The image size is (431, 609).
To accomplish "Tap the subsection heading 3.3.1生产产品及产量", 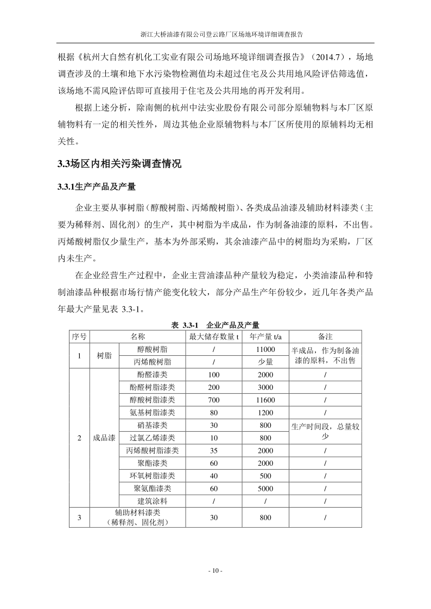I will pyautogui.click(x=96, y=187).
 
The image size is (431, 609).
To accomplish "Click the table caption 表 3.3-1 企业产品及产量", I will pyautogui.click(x=215, y=325).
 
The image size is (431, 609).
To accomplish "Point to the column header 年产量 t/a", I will pyautogui.click(x=265, y=336).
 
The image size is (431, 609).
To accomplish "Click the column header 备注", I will pyautogui.click(x=325, y=336).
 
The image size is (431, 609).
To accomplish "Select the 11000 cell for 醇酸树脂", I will pyautogui.click(x=265, y=349).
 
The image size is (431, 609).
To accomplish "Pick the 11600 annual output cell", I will pyautogui.click(x=265, y=400).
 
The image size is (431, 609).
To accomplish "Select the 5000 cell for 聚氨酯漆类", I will pyautogui.click(x=265, y=488).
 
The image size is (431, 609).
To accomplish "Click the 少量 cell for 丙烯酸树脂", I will pyautogui.click(x=265, y=362).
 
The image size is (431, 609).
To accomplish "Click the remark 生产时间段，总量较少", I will pyautogui.click(x=325, y=431).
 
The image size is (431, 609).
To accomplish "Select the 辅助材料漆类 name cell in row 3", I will pyautogui.click(x=137, y=517).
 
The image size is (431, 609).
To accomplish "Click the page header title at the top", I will pyautogui.click(x=215, y=34).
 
